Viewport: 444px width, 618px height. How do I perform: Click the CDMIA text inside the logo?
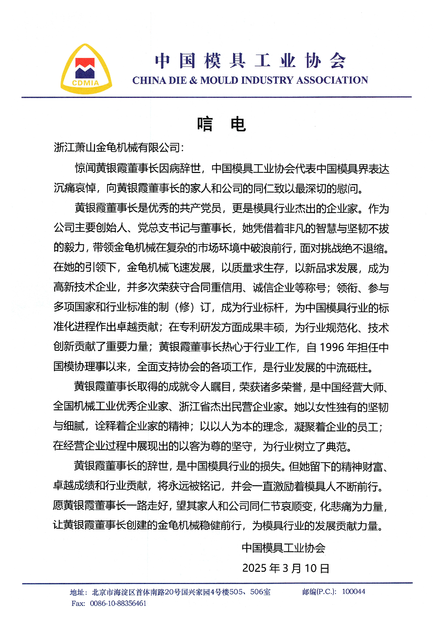[x=86, y=83]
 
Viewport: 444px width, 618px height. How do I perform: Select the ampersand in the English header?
[x=193, y=80]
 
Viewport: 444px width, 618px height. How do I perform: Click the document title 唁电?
[x=221, y=124]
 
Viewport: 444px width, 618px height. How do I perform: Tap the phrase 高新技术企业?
[x=85, y=287]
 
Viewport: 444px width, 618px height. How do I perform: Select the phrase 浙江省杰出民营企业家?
[x=231, y=407]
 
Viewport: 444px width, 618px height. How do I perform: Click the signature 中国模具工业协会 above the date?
[x=283, y=548]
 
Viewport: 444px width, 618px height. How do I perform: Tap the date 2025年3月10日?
[x=285, y=568]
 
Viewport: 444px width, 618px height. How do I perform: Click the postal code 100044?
[x=353, y=591]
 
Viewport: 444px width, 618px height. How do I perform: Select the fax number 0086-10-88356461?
[x=118, y=603]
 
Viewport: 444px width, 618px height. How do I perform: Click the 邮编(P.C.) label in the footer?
[x=319, y=591]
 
